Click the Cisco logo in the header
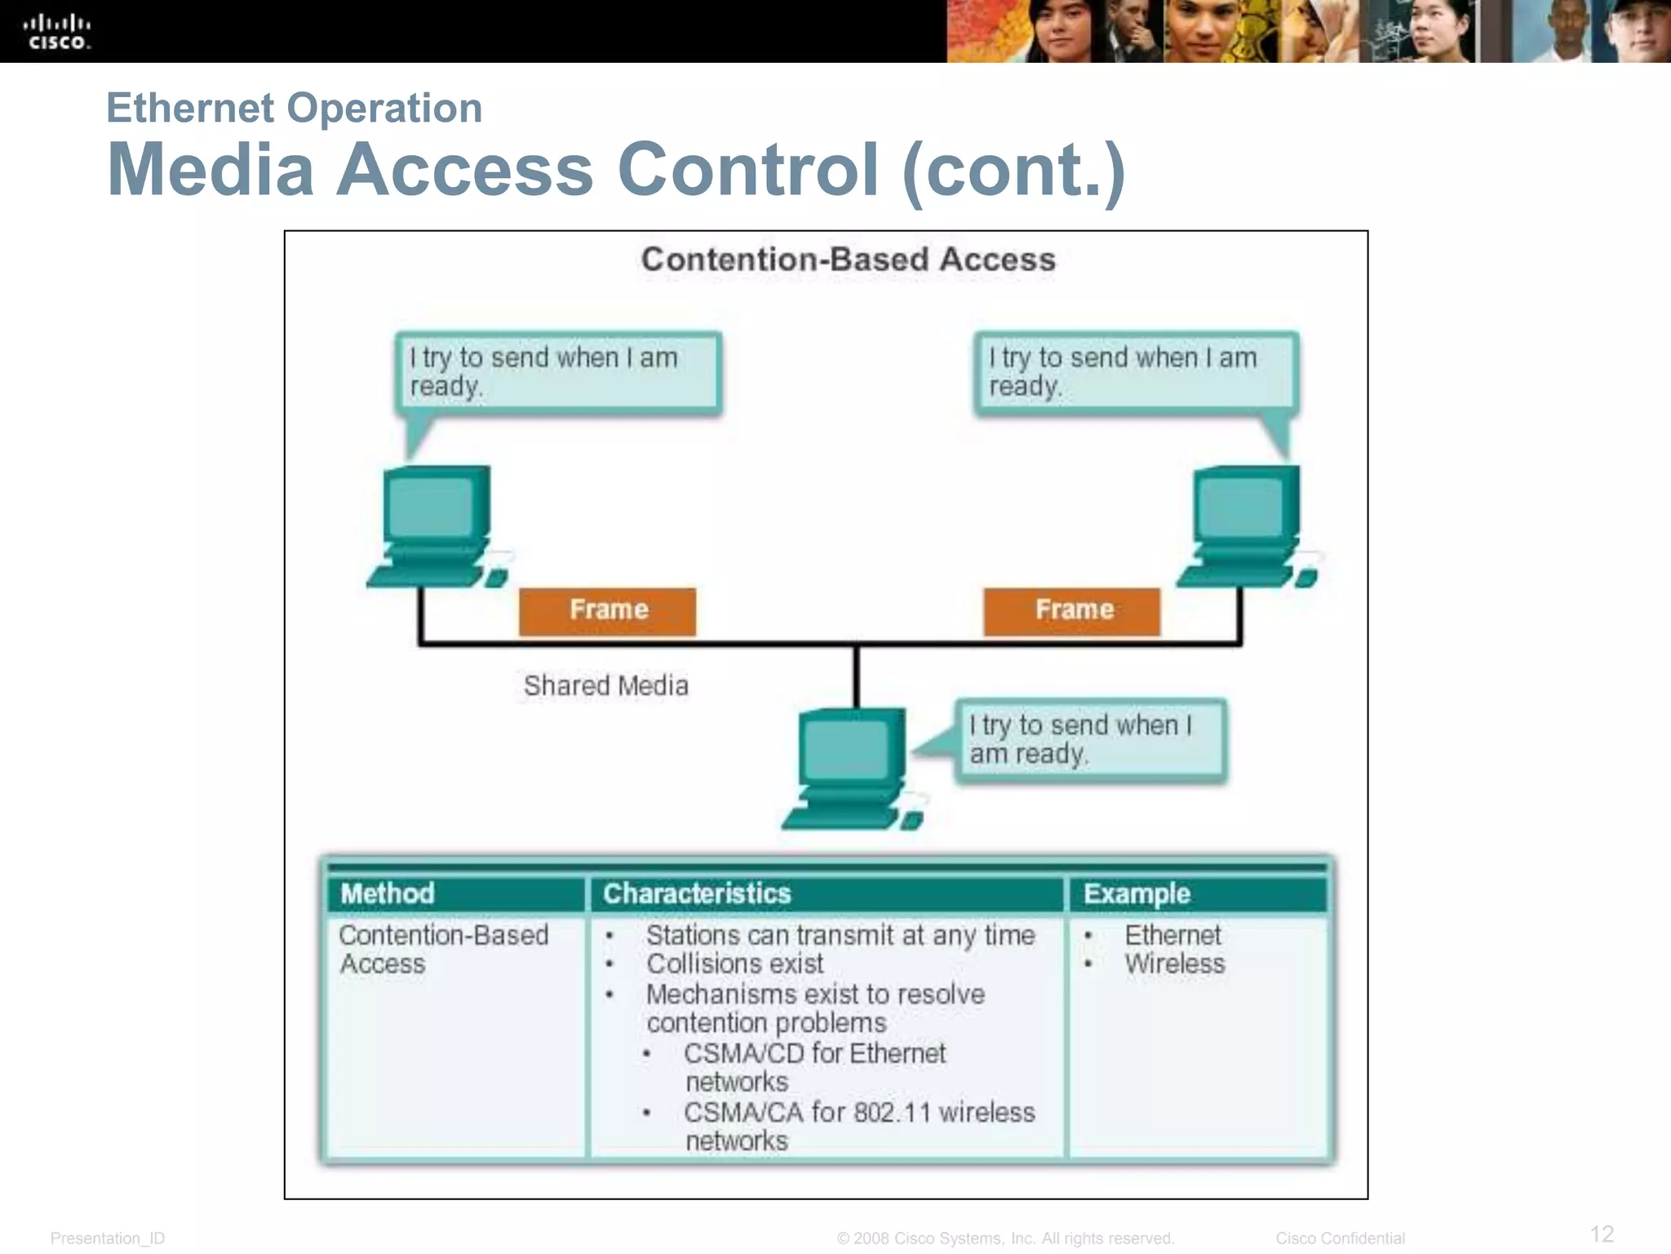click(57, 32)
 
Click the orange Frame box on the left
click(608, 611)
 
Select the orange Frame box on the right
click(1072, 611)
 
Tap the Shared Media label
click(605, 686)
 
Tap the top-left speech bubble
click(558, 372)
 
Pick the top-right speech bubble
click(1136, 372)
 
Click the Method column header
click(388, 893)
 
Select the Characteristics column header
click(697, 893)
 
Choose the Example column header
click(1137, 894)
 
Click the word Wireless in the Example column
click(1174, 964)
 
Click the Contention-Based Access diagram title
click(848, 260)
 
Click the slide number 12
click(1602, 1234)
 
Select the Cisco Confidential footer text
click(1340, 1238)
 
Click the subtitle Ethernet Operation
click(295, 109)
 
